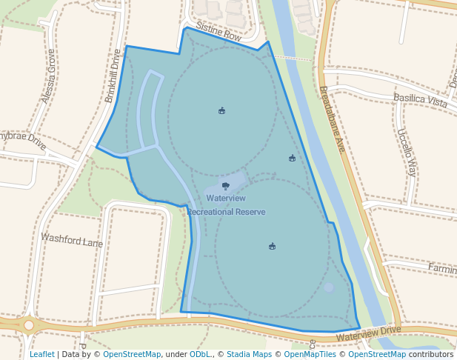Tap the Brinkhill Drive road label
coord(113,76)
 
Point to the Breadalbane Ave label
coord(333,119)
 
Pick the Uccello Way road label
coord(407,152)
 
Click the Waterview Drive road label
coord(368,333)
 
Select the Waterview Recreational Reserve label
coord(226,205)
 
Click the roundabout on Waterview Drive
coord(28,324)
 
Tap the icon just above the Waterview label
coord(225,185)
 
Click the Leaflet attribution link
coord(42,354)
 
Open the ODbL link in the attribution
coord(200,354)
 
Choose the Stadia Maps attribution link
coord(249,354)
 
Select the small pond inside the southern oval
coord(329,287)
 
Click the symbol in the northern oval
coord(221,111)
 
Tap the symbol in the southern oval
coord(273,246)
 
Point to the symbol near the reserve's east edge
coord(292,158)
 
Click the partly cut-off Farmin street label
coord(442,268)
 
